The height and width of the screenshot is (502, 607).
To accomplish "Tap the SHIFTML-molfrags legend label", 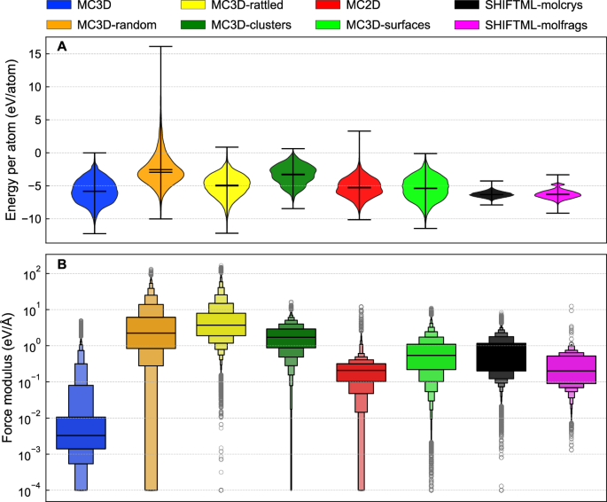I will point(549,24).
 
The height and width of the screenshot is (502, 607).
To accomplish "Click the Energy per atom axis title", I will point(12,146).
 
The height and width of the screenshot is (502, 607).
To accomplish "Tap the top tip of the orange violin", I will point(160,46).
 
